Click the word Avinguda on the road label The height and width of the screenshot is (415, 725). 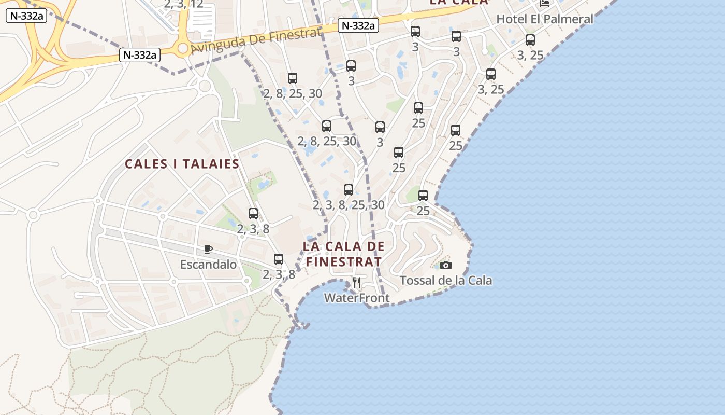(x=215, y=45)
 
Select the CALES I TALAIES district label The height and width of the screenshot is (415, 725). (x=182, y=164)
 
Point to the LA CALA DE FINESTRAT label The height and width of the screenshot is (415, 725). (x=344, y=254)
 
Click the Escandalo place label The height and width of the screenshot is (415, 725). (x=208, y=265)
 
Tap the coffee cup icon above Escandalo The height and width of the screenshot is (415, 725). (x=208, y=250)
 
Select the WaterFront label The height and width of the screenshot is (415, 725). (x=357, y=298)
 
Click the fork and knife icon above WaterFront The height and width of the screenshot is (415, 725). (x=356, y=282)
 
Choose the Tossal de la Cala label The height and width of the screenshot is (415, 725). (x=446, y=281)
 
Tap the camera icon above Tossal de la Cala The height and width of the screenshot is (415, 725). (x=446, y=266)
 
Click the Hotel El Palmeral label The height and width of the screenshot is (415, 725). (x=545, y=19)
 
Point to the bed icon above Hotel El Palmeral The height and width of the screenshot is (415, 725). (x=545, y=4)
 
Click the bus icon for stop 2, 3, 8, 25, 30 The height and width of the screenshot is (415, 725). (x=349, y=190)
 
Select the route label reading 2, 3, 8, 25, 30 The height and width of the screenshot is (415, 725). (x=349, y=205)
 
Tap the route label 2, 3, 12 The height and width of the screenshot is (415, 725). (x=183, y=5)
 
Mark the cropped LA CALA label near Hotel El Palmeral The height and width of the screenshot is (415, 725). (x=459, y=2)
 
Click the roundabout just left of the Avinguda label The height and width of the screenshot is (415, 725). (x=182, y=48)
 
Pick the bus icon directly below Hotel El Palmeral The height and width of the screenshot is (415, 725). (x=530, y=40)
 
